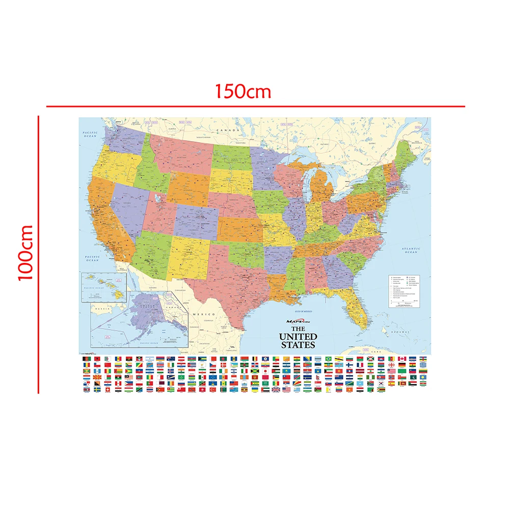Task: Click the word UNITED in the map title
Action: click(x=298, y=337)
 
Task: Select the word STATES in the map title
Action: click(x=298, y=345)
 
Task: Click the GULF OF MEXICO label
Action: click(x=300, y=311)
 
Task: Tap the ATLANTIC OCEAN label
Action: click(x=411, y=250)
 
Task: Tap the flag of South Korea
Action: click(x=381, y=381)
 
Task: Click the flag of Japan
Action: click(x=265, y=371)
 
